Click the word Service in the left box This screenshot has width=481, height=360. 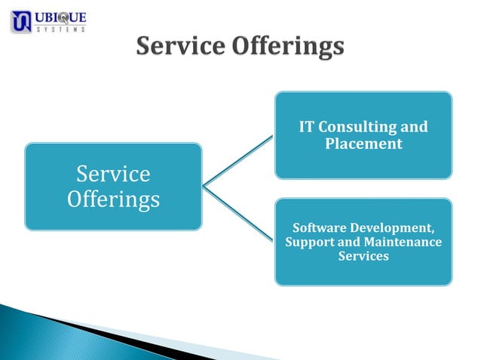point(113,174)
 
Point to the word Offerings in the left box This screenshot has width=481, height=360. point(113,200)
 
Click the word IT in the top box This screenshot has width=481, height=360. point(307,127)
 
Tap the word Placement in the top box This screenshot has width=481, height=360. point(363,144)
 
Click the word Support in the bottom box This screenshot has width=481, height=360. point(311,242)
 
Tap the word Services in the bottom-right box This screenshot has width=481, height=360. point(363,257)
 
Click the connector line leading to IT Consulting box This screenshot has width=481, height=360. point(237,160)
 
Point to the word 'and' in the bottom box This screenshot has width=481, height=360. point(350,242)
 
